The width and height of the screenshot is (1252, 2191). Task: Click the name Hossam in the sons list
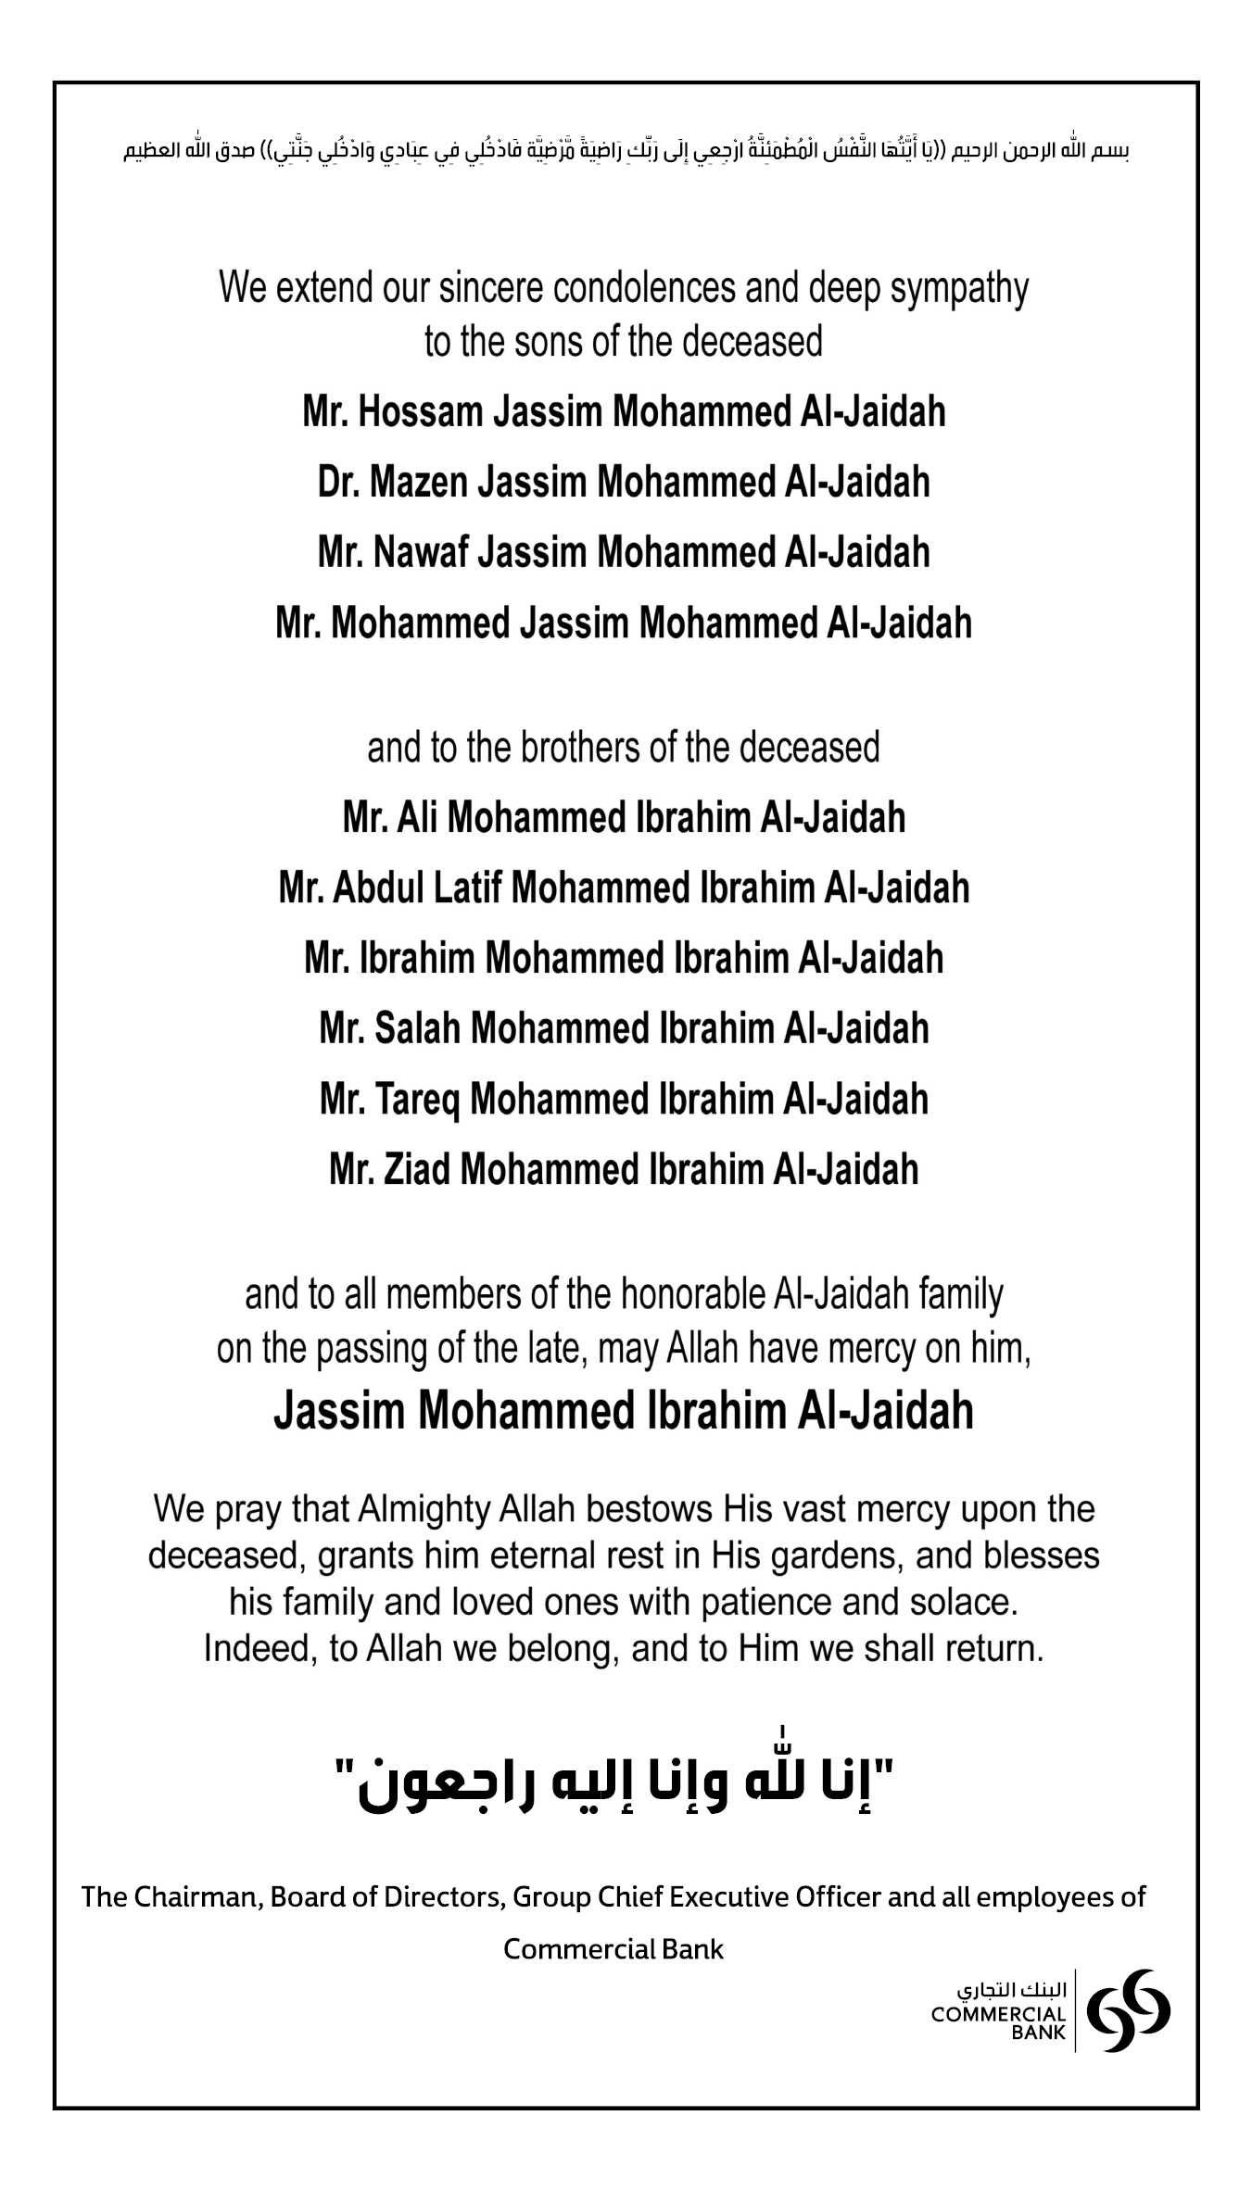point(421,412)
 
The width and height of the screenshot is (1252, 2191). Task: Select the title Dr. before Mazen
point(338,483)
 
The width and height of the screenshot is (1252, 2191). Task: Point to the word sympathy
point(959,290)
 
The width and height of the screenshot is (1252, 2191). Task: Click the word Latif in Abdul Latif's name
point(468,888)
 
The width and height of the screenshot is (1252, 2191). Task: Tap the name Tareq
point(417,1101)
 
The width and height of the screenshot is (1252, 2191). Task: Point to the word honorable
point(693,1294)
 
